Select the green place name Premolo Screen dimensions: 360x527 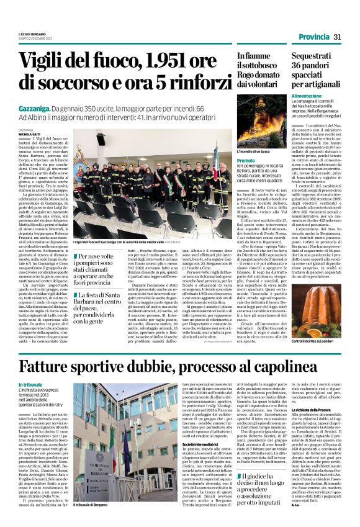click(246, 161)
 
